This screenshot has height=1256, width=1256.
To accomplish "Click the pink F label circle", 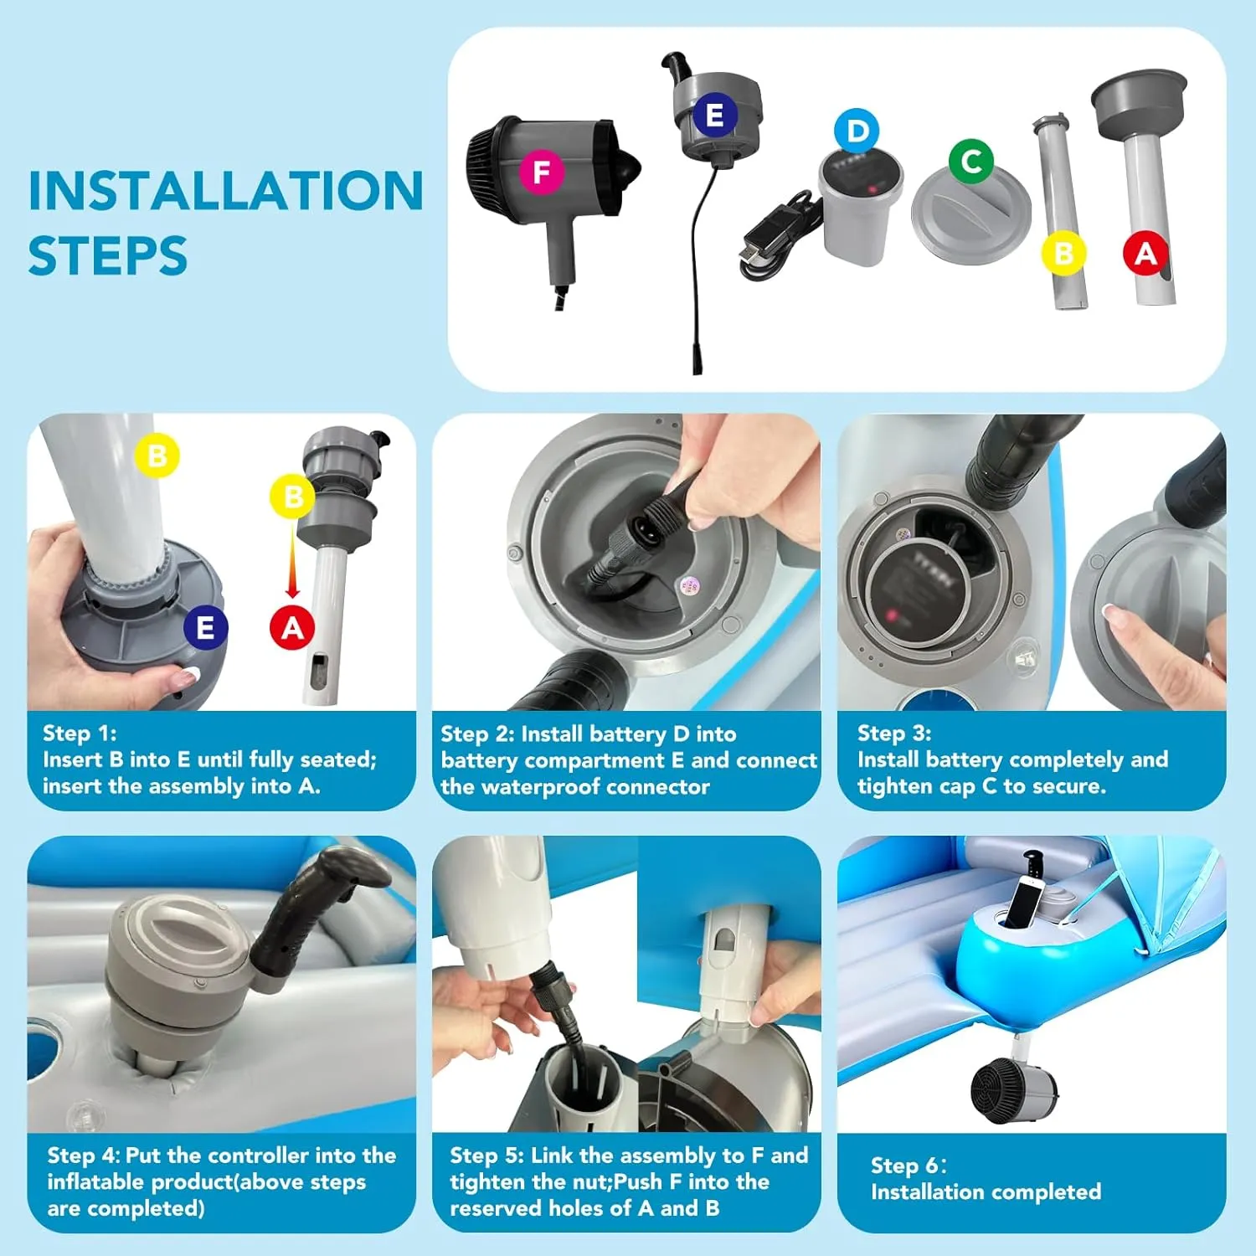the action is (542, 172).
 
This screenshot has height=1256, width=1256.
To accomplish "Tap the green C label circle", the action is (971, 161).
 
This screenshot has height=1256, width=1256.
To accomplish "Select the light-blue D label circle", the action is (857, 131).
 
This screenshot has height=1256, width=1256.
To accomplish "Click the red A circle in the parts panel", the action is (1145, 253).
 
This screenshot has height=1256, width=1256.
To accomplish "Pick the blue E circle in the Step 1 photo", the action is (205, 627).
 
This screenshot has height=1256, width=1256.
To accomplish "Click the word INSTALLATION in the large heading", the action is (226, 191).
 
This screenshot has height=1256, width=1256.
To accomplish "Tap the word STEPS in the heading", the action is (108, 256).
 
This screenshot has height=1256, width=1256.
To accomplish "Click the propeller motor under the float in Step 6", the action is (1013, 1089).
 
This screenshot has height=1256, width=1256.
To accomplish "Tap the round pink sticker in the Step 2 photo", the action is (688, 584).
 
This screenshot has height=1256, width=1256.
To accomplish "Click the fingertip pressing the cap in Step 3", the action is (1113, 616).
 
